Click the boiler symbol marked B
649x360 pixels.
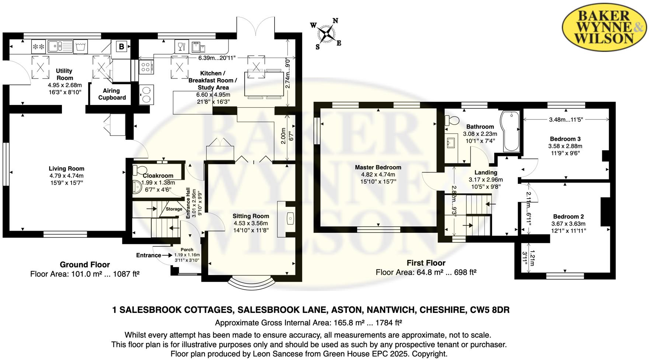pyautogui.click(x=121, y=46)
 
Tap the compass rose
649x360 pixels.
pyautogui.click(x=326, y=34)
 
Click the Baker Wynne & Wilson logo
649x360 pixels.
pyautogui.click(x=604, y=27)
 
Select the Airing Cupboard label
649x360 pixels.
pyautogui.click(x=112, y=94)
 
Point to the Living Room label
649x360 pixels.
pyautogui.click(x=66, y=169)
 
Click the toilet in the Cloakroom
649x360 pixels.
pyautogui.click(x=139, y=170)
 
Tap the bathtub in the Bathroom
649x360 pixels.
pyautogui.click(x=510, y=131)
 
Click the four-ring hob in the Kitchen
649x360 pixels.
pyautogui.click(x=146, y=67)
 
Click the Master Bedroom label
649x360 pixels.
pyautogui.click(x=378, y=167)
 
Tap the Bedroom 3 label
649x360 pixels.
pyautogui.click(x=565, y=139)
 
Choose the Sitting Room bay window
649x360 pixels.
pyautogui.click(x=251, y=283)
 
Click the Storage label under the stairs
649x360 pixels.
pyautogui.click(x=174, y=209)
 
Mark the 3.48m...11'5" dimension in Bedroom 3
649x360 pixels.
pyautogui.click(x=566, y=119)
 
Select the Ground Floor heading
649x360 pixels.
pyautogui.click(x=85, y=265)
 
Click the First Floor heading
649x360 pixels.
pyautogui.click(x=426, y=263)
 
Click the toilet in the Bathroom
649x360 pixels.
pyautogui.click(x=452, y=120)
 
